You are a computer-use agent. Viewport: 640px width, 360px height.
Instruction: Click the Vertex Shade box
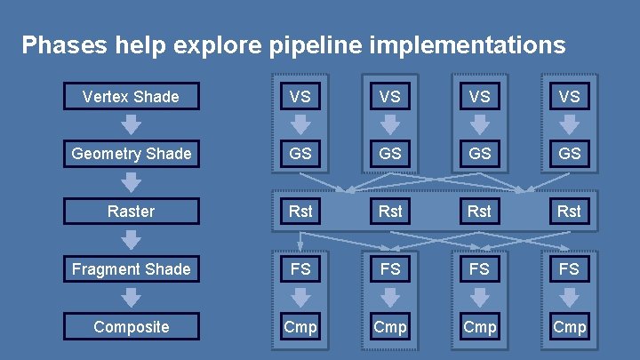pyautogui.click(x=131, y=96)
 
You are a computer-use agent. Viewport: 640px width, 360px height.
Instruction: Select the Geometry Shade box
pyautogui.click(x=131, y=154)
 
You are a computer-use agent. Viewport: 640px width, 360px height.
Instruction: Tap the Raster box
pyautogui.click(x=131, y=212)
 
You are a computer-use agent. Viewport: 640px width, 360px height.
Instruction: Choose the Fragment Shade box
pyautogui.click(x=131, y=268)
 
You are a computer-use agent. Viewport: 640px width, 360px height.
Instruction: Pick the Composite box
pyautogui.click(x=131, y=326)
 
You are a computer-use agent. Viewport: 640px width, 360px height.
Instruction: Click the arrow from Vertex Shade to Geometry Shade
pyautogui.click(x=131, y=124)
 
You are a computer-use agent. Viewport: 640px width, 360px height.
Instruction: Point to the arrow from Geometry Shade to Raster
pyautogui.click(x=131, y=182)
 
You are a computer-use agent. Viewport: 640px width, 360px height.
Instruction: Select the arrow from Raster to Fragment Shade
pyautogui.click(x=131, y=240)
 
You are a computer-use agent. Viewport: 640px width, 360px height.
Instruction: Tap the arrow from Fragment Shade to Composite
pyautogui.click(x=131, y=298)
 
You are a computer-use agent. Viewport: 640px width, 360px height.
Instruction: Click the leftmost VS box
pyautogui.click(x=300, y=96)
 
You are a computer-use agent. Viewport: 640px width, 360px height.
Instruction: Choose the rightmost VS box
pyautogui.click(x=569, y=96)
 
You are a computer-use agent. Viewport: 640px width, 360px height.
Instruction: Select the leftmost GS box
pyautogui.click(x=300, y=154)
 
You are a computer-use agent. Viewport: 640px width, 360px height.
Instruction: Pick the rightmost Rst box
pyautogui.click(x=569, y=212)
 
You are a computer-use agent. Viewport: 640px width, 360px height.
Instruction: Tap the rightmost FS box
pyautogui.click(x=569, y=268)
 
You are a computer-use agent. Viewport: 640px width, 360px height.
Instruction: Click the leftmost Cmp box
pyautogui.click(x=300, y=326)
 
